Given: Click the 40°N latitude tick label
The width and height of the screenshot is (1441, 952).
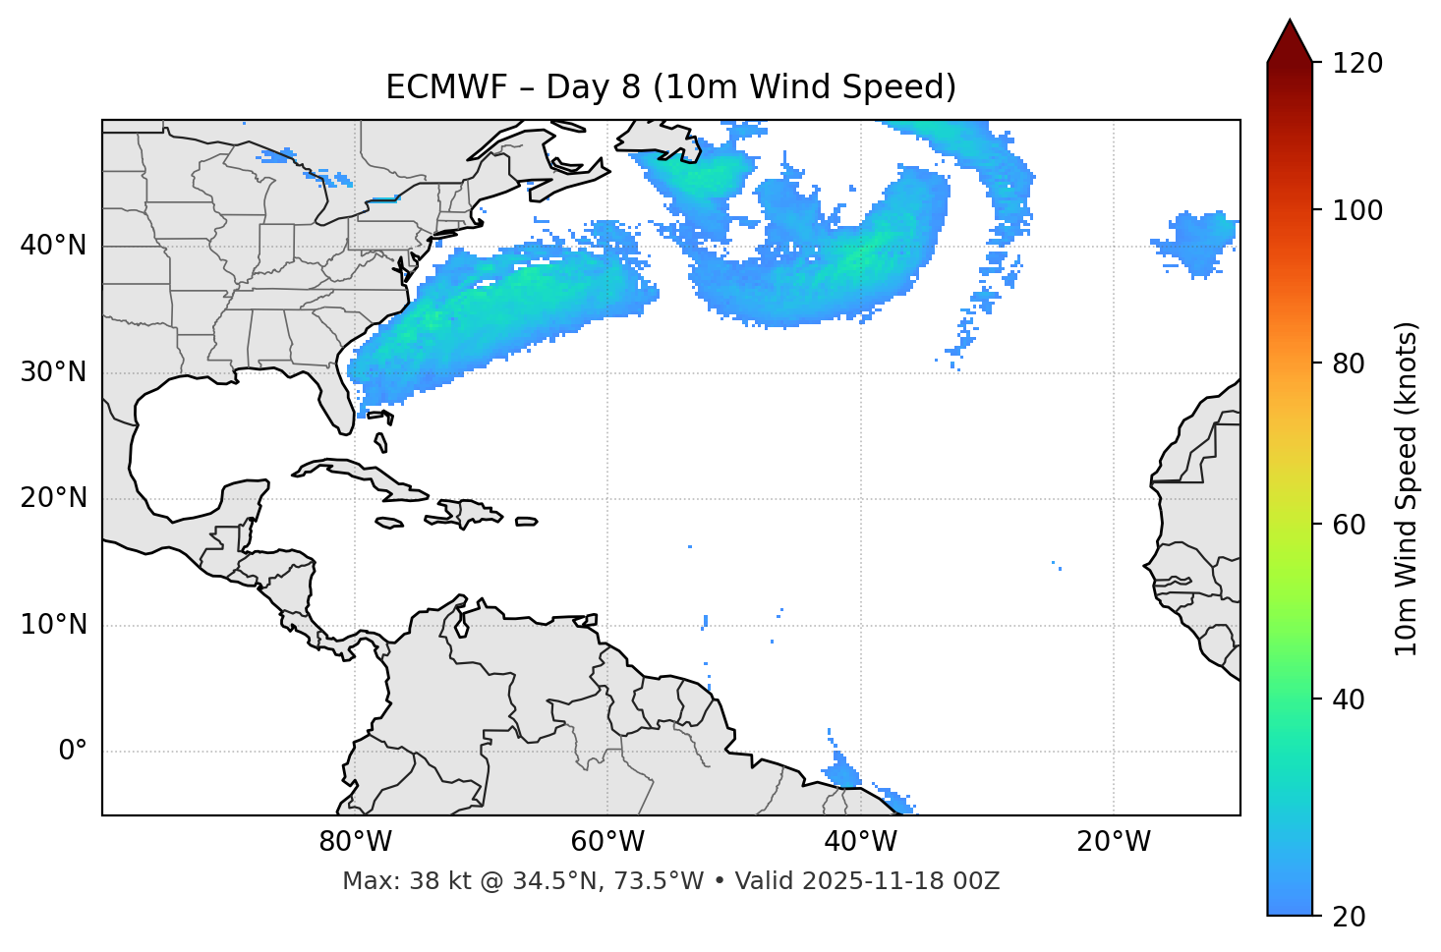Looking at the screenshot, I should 53,246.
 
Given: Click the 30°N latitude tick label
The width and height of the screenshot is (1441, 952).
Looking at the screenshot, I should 53,372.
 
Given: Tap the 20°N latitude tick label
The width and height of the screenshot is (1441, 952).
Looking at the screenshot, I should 53,498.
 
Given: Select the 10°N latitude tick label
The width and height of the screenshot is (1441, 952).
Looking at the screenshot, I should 53,625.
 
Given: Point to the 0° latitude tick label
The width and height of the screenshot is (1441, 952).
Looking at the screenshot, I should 73,752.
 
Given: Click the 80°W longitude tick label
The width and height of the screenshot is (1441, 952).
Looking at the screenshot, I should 355,842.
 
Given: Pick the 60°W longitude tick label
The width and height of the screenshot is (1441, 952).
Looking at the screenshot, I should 607,842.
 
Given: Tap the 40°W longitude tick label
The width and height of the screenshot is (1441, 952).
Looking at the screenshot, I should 860,842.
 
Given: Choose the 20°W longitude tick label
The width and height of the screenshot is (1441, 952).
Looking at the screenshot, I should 1113,842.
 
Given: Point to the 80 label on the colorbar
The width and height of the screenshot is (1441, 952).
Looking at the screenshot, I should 1355,364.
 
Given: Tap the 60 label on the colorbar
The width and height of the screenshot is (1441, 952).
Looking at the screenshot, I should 1355,525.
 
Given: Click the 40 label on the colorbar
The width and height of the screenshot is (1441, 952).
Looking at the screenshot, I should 1355,700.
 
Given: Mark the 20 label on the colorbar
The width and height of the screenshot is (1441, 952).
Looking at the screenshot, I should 1355,917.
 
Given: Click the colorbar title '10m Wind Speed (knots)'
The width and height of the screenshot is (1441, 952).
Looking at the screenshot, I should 1407,488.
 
